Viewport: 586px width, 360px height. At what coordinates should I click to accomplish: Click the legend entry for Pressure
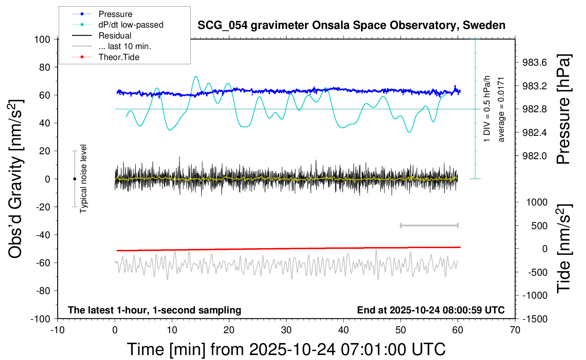click(x=115, y=14)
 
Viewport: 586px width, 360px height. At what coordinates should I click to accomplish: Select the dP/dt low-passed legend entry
click(x=131, y=25)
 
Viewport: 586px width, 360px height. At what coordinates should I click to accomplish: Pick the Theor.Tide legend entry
click(x=119, y=57)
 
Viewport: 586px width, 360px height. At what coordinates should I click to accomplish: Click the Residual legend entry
click(x=115, y=36)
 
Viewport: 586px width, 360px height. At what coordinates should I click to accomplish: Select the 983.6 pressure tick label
click(x=534, y=62)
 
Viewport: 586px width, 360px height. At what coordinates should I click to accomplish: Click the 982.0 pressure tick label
click(x=534, y=156)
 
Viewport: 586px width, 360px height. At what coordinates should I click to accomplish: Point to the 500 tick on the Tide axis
click(x=539, y=226)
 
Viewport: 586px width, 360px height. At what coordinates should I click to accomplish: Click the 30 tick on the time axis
click(x=286, y=330)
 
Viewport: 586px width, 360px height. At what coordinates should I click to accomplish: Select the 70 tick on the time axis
click(x=515, y=330)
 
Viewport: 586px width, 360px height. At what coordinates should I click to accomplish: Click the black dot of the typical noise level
click(x=74, y=179)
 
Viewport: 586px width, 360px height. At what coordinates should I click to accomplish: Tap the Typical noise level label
click(x=83, y=179)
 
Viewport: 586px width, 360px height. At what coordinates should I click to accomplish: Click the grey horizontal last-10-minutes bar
click(x=429, y=225)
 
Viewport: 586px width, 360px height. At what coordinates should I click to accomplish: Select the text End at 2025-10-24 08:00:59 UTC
click(x=431, y=310)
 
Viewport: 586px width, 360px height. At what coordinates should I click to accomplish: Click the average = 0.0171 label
click(x=501, y=109)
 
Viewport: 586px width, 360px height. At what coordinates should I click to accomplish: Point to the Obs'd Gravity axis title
click(x=16, y=179)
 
